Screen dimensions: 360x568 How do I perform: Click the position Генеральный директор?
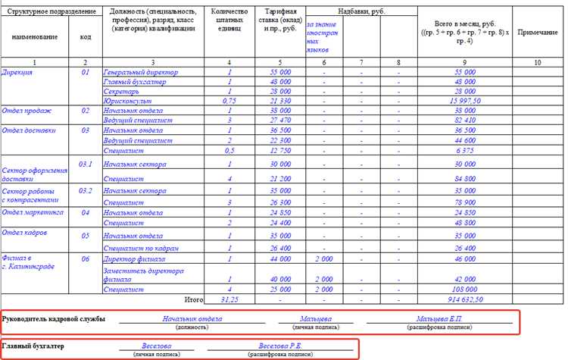[141, 71]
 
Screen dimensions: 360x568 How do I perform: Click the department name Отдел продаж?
[27, 110]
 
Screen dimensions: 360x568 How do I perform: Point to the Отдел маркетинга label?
[33, 213]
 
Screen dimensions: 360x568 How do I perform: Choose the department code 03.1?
[85, 164]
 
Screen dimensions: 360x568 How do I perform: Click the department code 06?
[85, 259]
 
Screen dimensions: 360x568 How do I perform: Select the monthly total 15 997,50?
[464, 100]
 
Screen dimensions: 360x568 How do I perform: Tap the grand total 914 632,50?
[464, 299]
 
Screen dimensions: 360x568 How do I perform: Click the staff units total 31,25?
[229, 299]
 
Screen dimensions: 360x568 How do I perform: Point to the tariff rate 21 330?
[279, 100]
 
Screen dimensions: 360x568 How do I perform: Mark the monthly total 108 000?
[464, 289]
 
